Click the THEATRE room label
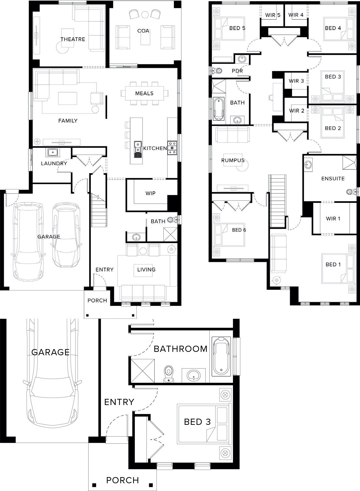point(73,39)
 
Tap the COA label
point(143,31)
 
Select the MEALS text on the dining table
point(144,93)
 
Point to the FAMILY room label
point(68,121)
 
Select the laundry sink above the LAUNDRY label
point(52,152)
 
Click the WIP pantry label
point(150,193)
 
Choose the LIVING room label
point(147,269)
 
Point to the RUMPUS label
point(233,160)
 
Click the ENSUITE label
point(333,178)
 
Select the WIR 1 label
point(333,219)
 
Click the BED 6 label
point(239,230)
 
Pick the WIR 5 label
point(273,15)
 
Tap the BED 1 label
point(333,264)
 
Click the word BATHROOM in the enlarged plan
point(180,349)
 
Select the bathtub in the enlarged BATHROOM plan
point(221,357)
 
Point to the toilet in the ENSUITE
point(351,192)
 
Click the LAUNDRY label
point(54,163)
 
